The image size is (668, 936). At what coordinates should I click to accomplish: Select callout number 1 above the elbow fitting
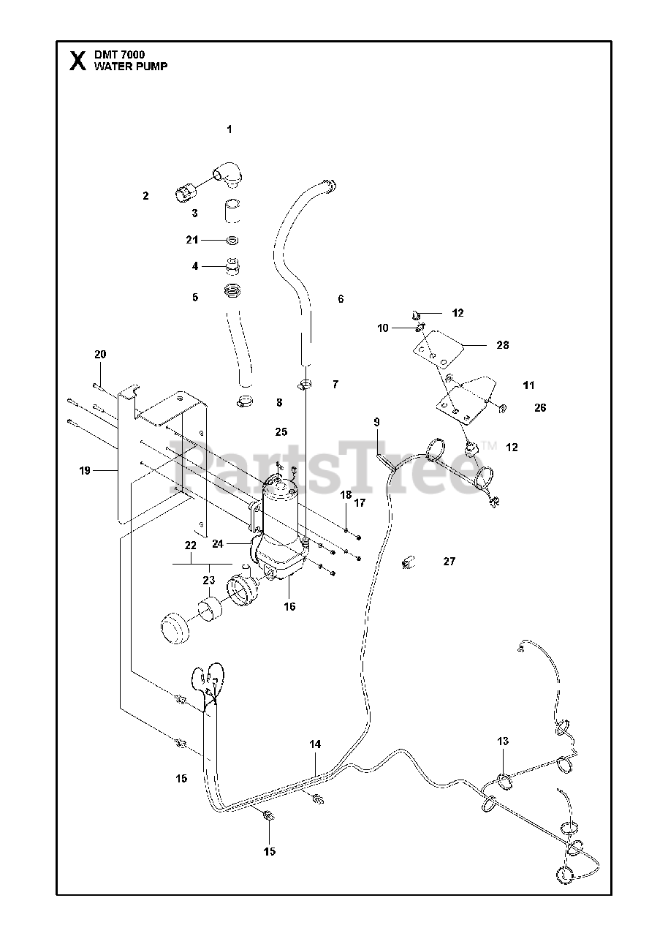point(229,129)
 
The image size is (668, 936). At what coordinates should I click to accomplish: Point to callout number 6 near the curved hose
point(341,298)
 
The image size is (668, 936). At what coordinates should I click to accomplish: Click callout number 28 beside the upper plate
point(503,345)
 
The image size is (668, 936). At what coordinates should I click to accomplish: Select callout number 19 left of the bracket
point(85,471)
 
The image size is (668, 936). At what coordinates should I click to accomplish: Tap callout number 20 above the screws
point(100,355)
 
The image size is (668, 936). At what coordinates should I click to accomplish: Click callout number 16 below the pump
point(290,606)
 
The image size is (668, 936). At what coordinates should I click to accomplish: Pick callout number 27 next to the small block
point(449,562)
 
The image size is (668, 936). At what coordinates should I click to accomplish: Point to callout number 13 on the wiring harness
point(503,741)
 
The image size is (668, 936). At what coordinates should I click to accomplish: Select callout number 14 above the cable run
point(315,745)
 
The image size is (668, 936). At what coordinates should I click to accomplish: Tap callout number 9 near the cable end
point(377,422)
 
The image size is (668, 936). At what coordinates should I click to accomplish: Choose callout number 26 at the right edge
point(540,408)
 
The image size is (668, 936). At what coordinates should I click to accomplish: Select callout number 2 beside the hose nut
point(145,195)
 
